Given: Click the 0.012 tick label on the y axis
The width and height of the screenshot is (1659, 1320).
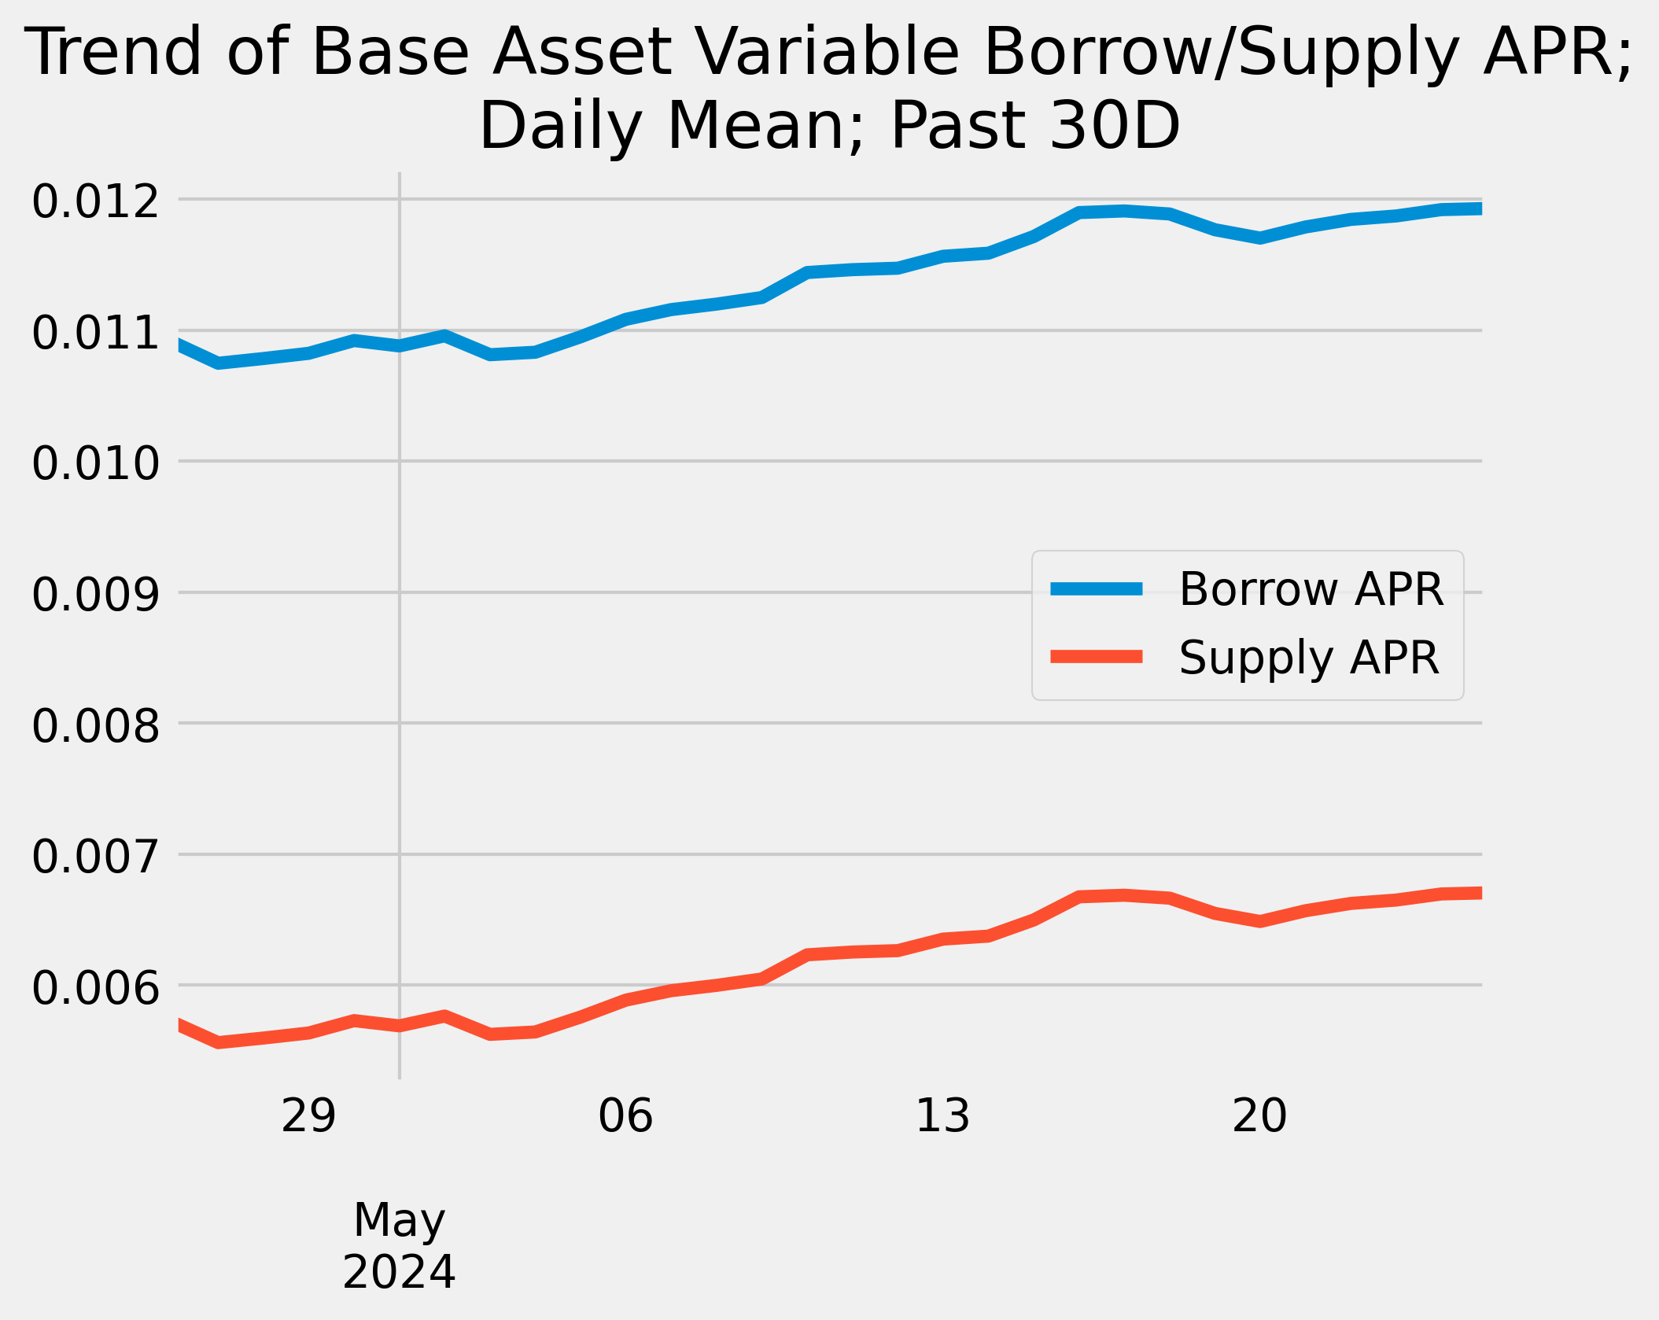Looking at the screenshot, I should (95, 202).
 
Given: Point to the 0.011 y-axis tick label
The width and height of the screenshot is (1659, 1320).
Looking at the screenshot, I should (95, 333).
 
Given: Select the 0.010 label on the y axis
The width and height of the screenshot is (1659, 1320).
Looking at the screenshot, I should (95, 463).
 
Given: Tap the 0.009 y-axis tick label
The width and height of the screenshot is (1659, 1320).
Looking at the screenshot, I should (95, 595).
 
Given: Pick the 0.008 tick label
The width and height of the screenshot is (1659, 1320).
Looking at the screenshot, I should (95, 726).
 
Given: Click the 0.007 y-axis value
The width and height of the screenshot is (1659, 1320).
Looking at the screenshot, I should (95, 857).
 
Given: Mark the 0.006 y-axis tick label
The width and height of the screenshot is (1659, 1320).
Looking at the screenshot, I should (95, 988).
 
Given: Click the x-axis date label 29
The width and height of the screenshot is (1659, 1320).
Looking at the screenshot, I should (308, 1116).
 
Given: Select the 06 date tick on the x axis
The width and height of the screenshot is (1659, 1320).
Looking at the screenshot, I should (625, 1116).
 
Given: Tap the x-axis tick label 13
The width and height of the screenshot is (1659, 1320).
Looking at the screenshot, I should (942, 1116).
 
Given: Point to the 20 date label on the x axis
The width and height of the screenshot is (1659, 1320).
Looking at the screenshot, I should (1259, 1116).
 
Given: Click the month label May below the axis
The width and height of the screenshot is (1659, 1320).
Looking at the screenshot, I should (399, 1220).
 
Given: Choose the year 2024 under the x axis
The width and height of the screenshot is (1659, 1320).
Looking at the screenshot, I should (399, 1272).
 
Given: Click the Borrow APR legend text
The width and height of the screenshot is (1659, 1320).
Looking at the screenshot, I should (1311, 589).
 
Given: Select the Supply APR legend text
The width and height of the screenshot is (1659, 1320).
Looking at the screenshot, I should (1308, 658).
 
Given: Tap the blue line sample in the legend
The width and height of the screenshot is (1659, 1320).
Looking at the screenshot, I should (1097, 588).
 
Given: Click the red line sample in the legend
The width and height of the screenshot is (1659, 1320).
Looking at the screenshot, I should (1097, 657).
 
